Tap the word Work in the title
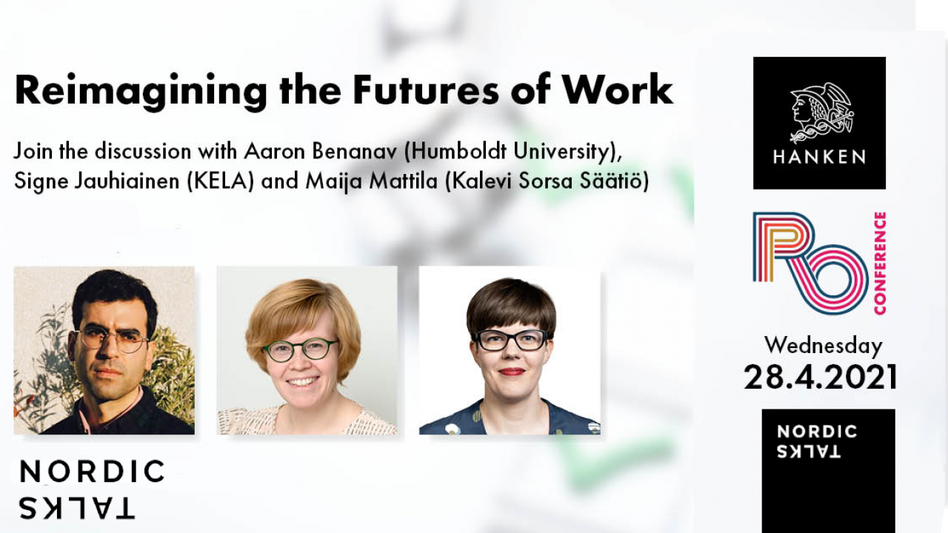coord(618,90)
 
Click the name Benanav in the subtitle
coord(355,152)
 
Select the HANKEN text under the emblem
coord(819,158)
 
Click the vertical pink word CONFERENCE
coord(880,263)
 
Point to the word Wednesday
coord(823,346)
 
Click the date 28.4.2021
coord(820,378)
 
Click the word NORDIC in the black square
coord(817,432)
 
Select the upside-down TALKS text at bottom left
coord(76,508)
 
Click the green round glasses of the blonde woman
coord(301,350)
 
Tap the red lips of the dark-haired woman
coord(512,372)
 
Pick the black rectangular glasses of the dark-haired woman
coord(510,340)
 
